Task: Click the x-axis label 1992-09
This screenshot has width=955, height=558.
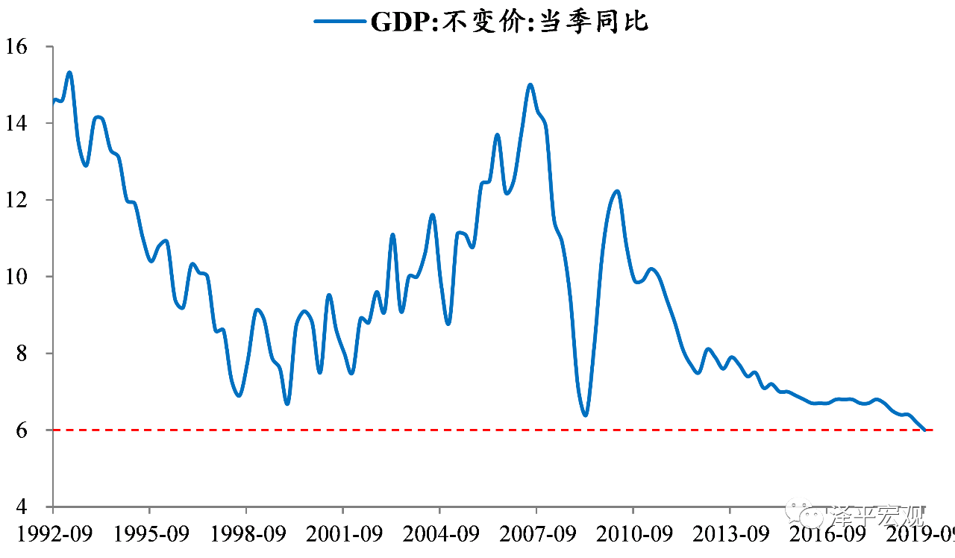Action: [52, 535]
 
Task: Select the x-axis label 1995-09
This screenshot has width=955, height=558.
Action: [149, 535]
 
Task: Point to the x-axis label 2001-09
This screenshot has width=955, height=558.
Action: [342, 535]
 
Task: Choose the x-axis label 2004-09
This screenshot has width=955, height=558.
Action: [439, 535]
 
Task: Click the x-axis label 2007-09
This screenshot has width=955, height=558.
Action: [536, 535]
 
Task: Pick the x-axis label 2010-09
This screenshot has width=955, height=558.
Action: [633, 535]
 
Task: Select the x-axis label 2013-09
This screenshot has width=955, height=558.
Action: [730, 535]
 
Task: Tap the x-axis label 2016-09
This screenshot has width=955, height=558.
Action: [826, 535]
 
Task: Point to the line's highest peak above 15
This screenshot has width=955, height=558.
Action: [69, 72]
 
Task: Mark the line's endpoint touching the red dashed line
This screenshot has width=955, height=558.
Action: [925, 430]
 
